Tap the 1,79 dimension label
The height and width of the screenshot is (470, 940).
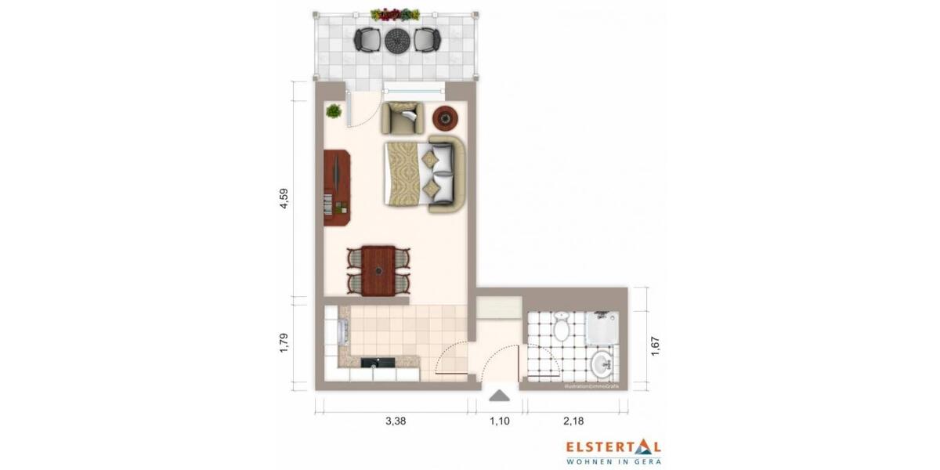pyautogui.click(x=286, y=345)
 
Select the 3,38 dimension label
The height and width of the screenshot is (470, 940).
pyautogui.click(x=396, y=421)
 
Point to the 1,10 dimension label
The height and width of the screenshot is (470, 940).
pyautogui.click(x=500, y=421)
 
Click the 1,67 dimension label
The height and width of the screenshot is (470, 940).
pyautogui.click(x=656, y=345)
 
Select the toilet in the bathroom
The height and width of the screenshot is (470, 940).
pyautogui.click(x=561, y=327)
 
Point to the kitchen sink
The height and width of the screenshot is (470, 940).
pyautogui.click(x=378, y=363)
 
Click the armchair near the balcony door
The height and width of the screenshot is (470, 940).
pyautogui.click(x=403, y=118)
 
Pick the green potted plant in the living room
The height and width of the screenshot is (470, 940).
pyautogui.click(x=334, y=111)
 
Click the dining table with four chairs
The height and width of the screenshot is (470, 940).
pyautogui.click(x=378, y=269)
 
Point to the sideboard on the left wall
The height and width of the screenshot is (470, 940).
pyautogui.click(x=337, y=188)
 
